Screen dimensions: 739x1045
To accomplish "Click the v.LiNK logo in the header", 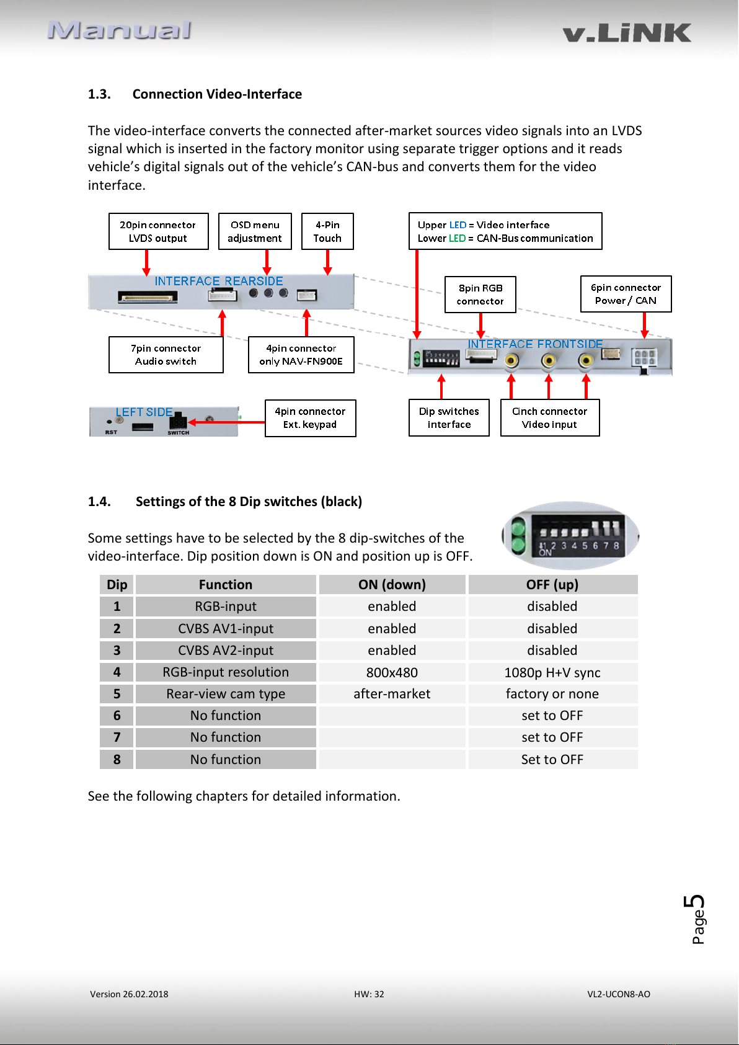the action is click(627, 33).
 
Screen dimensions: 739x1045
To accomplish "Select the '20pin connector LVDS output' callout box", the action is click(159, 231).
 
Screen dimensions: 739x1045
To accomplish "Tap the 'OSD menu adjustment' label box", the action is click(255, 231).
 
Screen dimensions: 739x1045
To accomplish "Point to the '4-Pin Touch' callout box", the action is click(327, 231).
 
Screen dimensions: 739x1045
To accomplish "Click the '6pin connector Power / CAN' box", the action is click(626, 294).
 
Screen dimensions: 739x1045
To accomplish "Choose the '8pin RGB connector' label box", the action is click(480, 295).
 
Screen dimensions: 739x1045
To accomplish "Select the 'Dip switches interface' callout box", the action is click(449, 417).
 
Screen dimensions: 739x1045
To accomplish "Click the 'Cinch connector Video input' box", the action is click(550, 417).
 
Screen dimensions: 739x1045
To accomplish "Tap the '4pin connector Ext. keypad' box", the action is click(310, 418).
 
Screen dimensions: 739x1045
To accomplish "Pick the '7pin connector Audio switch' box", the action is click(166, 355).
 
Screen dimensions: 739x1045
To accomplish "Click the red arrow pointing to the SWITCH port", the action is click(226, 422).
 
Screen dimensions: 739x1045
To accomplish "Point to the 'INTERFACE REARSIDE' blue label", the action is click(219, 281).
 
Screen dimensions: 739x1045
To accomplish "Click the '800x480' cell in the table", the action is click(392, 672).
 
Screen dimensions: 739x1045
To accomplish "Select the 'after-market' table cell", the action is click(392, 694).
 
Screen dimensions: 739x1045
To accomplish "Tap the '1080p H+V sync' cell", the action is click(552, 672).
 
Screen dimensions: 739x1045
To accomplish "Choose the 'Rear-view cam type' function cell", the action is click(226, 694).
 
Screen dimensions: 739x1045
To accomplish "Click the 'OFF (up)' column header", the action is click(552, 585).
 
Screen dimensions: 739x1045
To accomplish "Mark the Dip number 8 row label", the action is click(117, 759).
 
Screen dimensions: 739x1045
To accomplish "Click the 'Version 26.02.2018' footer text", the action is click(129, 994).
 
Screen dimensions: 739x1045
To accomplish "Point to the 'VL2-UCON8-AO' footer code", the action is click(619, 994).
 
